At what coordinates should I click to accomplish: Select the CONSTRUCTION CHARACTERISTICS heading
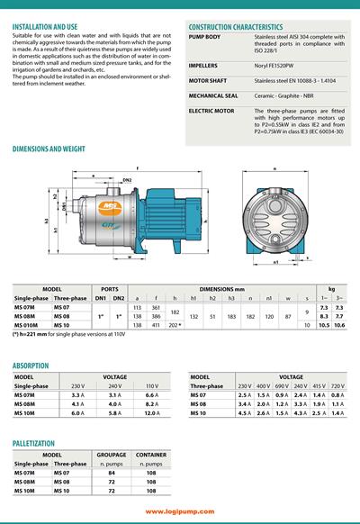(235, 27)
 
